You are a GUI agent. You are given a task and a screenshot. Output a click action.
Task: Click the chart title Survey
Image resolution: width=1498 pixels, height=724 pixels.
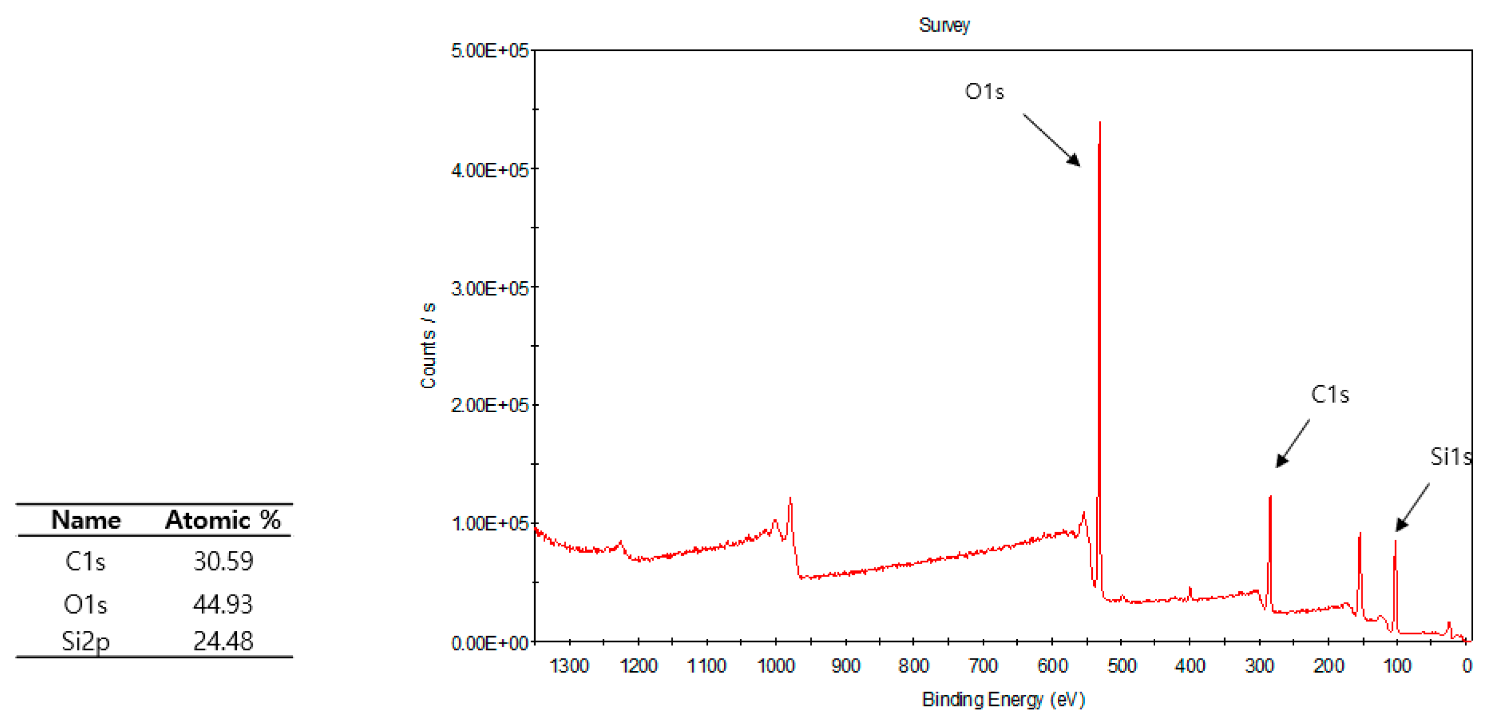(x=944, y=25)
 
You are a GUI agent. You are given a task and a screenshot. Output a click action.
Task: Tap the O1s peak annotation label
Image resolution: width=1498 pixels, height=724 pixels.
(x=984, y=91)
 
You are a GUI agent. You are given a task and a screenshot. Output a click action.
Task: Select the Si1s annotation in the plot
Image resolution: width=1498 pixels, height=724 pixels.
(x=1451, y=457)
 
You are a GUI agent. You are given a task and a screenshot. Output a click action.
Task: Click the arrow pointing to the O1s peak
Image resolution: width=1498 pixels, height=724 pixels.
(x=1051, y=140)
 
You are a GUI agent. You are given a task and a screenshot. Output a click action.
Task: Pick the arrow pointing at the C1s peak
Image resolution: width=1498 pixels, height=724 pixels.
(x=1293, y=443)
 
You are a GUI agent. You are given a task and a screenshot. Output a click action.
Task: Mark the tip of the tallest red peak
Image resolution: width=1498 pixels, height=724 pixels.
(x=1100, y=123)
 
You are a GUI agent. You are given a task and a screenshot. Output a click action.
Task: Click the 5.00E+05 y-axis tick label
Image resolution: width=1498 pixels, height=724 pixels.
(x=490, y=50)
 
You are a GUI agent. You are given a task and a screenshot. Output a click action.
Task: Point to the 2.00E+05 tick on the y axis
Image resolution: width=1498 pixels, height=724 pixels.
(x=490, y=405)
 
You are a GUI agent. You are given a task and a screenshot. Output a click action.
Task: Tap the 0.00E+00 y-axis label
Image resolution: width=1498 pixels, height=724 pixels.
(x=490, y=643)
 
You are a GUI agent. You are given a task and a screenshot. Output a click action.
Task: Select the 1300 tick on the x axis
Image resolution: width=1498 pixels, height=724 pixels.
(x=569, y=665)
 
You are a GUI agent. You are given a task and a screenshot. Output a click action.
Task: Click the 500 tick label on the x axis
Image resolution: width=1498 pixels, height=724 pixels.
(x=1121, y=665)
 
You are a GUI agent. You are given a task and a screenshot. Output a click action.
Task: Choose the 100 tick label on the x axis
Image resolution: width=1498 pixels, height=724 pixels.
(x=1397, y=665)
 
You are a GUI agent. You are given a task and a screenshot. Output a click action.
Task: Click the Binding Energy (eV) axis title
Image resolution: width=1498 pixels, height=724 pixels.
(x=1003, y=699)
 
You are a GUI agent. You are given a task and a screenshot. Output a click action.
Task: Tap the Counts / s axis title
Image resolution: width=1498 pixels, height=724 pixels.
(x=428, y=345)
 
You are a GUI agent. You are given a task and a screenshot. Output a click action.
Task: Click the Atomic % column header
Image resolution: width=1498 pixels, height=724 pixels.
(x=223, y=520)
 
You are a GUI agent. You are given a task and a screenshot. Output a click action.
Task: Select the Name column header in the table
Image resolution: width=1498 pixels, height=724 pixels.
(x=86, y=520)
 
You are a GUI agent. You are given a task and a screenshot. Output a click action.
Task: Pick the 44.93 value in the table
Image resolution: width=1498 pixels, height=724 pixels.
(x=223, y=604)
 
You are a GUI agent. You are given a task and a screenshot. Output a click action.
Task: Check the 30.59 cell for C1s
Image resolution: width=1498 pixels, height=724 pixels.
(x=223, y=561)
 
